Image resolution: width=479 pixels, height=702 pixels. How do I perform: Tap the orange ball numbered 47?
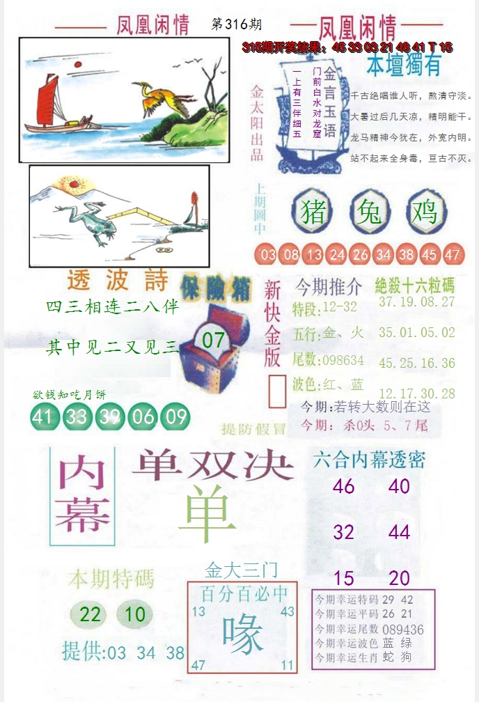[453, 255]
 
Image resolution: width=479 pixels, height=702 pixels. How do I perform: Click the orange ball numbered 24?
[337, 255]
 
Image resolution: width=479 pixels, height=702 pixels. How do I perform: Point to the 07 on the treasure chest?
[214, 341]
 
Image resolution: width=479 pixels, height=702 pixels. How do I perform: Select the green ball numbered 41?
[43, 416]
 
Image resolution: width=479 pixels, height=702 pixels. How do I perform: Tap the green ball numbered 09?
[177, 416]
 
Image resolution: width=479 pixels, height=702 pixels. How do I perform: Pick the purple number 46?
[344, 486]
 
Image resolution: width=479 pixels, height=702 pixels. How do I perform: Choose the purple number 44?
[399, 533]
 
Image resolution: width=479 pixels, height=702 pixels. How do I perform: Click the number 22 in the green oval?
[91, 614]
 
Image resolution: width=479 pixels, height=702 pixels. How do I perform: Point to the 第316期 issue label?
[236, 24]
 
